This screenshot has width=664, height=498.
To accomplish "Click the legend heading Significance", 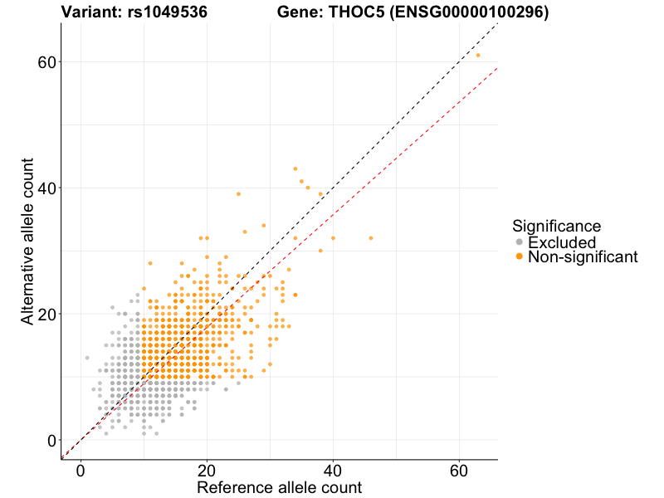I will pos(557,226).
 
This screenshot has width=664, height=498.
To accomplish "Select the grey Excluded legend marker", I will pos(520,242).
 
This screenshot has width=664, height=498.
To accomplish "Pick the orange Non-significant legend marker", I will pos(520,257).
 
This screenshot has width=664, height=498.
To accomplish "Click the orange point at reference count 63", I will pos(478,56).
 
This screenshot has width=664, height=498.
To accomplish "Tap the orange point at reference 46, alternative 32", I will pos(371,238).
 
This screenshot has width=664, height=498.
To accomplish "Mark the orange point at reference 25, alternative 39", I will pos(238,194).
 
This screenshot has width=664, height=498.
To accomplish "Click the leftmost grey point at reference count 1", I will pos(87,359).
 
